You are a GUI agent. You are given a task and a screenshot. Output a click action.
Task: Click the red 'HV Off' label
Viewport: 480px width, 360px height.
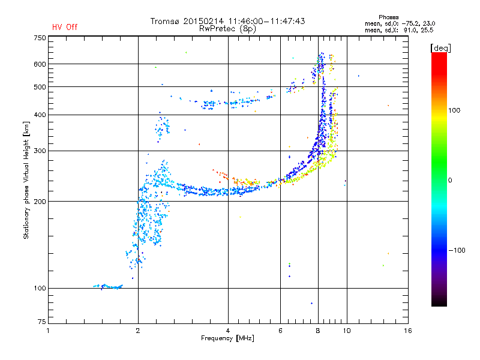(x=65, y=27)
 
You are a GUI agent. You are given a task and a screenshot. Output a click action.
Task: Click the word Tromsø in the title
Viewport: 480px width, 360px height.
(x=165, y=21)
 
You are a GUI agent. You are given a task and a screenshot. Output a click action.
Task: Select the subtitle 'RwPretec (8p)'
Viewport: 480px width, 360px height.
(x=227, y=29)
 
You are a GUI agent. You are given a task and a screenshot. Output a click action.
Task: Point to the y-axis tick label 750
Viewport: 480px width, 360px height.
(x=40, y=38)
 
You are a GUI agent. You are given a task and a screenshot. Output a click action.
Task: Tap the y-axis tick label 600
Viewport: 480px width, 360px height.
(x=40, y=64)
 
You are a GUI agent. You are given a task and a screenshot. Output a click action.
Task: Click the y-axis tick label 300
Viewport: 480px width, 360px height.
(x=40, y=151)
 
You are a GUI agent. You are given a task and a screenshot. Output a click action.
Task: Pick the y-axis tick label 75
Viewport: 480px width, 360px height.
(x=42, y=322)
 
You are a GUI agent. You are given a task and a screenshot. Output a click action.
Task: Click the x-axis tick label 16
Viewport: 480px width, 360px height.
(x=408, y=331)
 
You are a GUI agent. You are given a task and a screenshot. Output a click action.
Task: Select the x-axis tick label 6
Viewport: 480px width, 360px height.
(x=280, y=331)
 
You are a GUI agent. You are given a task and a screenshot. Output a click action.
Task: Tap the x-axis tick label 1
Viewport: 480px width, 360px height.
(x=48, y=331)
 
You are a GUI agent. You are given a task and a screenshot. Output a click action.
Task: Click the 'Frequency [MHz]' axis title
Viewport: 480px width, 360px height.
(x=227, y=338)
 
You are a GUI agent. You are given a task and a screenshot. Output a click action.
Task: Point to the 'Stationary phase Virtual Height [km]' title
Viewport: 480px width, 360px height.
(x=26, y=180)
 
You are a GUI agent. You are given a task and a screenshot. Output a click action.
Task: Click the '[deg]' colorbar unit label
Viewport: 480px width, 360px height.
(x=440, y=48)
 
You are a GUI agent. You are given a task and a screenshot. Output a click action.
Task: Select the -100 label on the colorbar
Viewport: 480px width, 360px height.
(x=457, y=250)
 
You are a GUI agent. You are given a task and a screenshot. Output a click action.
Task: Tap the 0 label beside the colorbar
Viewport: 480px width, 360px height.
(x=450, y=180)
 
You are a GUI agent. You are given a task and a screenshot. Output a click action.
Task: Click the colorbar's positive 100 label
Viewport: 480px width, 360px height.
(x=454, y=110)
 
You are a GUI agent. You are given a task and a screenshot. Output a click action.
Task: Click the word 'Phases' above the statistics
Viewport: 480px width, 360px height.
(x=388, y=17)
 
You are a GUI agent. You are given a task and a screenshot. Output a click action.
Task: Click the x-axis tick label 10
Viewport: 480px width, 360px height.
(x=347, y=331)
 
